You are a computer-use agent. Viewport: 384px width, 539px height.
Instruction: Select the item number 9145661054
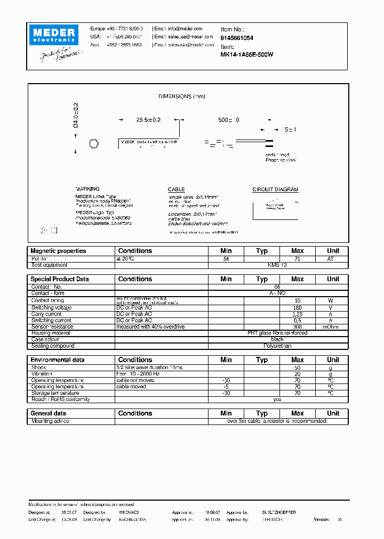tap(237, 38)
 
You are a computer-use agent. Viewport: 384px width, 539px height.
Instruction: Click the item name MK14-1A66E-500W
tap(247, 54)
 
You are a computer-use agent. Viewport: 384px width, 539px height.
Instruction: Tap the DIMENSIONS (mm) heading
tap(182, 96)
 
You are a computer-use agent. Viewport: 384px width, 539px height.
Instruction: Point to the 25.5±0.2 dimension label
tap(148, 120)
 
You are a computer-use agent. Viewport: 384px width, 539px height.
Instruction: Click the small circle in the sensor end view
tap(93, 143)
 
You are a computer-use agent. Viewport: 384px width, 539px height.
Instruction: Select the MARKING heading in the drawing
tap(87, 189)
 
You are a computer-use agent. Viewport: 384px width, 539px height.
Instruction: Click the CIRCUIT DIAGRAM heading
tap(275, 190)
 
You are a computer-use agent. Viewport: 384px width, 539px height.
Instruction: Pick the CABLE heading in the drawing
tap(176, 190)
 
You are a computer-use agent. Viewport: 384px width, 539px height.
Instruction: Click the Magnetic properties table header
tap(58, 251)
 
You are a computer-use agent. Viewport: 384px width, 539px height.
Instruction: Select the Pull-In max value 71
tap(297, 258)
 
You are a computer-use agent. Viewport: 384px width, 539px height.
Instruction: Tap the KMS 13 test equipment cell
tap(277, 265)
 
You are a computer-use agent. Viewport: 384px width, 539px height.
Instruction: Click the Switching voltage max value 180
tap(297, 308)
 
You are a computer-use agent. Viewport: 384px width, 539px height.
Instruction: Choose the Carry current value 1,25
tap(297, 314)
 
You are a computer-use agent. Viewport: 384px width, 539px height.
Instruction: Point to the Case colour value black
tap(277, 339)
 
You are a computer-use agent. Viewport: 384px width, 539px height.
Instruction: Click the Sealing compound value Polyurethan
tap(277, 346)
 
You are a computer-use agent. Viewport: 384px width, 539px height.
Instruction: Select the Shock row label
tap(39, 367)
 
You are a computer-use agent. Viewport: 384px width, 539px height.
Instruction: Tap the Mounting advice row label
tap(50, 421)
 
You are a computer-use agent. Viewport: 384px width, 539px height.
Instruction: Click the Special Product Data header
tap(60, 279)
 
